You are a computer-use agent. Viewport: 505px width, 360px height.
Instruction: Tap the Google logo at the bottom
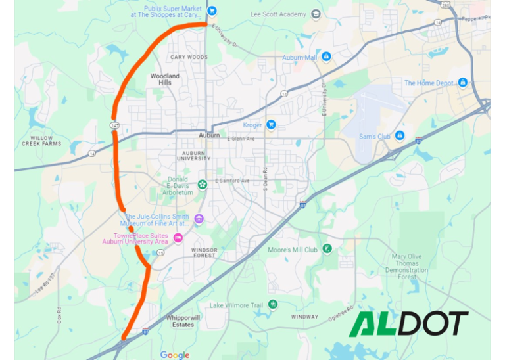[x=175, y=355]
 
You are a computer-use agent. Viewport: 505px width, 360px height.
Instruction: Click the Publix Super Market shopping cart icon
[x=212, y=11]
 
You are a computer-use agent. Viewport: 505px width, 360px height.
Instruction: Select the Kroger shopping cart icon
[x=270, y=125]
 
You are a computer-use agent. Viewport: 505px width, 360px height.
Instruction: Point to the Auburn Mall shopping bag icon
[x=326, y=57]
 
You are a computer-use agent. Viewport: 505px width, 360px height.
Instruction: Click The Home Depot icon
[x=463, y=83]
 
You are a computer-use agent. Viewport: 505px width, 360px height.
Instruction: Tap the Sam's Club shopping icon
[x=399, y=136]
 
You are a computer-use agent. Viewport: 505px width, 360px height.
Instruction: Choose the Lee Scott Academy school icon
[x=316, y=14]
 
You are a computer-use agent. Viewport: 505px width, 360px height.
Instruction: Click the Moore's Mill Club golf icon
[x=327, y=249]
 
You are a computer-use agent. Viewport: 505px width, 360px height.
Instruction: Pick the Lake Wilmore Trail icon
[x=273, y=304]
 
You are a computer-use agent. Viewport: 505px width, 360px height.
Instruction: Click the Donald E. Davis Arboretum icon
[x=203, y=183]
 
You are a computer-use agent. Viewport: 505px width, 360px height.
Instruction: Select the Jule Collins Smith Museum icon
[x=199, y=219]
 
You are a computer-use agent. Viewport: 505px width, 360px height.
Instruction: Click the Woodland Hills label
[x=165, y=79]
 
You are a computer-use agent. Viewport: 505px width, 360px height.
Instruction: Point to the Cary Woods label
[x=189, y=58]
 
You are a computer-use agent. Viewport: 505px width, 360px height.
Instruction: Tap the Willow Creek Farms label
[x=41, y=141]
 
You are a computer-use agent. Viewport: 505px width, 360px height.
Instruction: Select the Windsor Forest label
[x=204, y=253]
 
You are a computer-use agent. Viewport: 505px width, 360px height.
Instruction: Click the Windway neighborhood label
[x=305, y=317]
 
